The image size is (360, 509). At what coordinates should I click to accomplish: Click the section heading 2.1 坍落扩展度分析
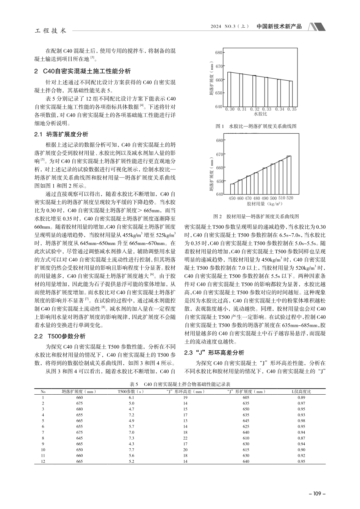[x=61, y=134]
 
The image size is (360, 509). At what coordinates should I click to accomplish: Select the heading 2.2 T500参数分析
[x=60, y=336]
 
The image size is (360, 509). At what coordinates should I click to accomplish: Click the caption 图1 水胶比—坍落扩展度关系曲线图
[x=255, y=126]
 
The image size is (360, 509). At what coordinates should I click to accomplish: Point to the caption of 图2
[x=256, y=217]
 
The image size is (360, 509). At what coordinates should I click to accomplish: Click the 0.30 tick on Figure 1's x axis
[x=230, y=109]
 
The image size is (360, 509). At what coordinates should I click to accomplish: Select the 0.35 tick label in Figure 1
[x=292, y=109]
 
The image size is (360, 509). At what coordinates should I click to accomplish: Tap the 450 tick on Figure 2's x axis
[x=232, y=198]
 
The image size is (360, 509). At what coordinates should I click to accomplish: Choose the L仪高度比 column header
[x=301, y=392]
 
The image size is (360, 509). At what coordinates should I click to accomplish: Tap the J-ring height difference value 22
[x=185, y=438]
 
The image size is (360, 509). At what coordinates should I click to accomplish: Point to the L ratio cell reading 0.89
[x=301, y=397]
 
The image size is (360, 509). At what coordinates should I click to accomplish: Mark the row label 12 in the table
[x=43, y=461]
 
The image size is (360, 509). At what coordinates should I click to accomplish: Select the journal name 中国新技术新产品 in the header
[x=279, y=27]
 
